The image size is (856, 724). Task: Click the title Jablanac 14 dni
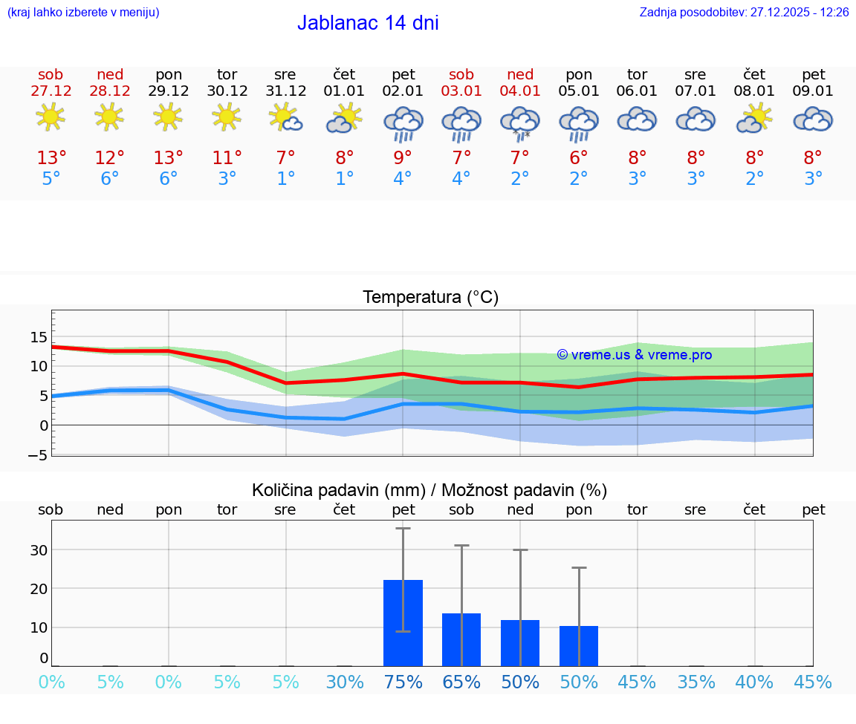(x=368, y=23)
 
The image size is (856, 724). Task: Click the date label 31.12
(x=285, y=91)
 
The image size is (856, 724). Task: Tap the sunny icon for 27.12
(x=51, y=117)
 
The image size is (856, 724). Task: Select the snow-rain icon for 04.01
(x=520, y=122)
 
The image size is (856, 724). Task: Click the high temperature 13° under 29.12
(x=169, y=158)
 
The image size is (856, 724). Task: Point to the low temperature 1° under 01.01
(x=344, y=179)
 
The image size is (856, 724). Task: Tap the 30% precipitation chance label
(x=345, y=682)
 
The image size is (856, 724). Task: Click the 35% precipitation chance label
(x=696, y=682)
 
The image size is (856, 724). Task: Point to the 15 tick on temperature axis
(x=39, y=337)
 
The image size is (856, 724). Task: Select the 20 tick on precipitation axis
(x=39, y=589)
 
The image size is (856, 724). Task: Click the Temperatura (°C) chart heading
(x=430, y=298)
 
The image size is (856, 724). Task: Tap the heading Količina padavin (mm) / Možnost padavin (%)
(x=429, y=490)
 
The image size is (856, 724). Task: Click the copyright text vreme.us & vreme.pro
(x=635, y=355)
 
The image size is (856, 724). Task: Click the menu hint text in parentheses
(x=83, y=13)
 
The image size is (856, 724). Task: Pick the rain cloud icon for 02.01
(x=403, y=123)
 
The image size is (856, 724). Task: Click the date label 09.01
(x=814, y=91)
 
